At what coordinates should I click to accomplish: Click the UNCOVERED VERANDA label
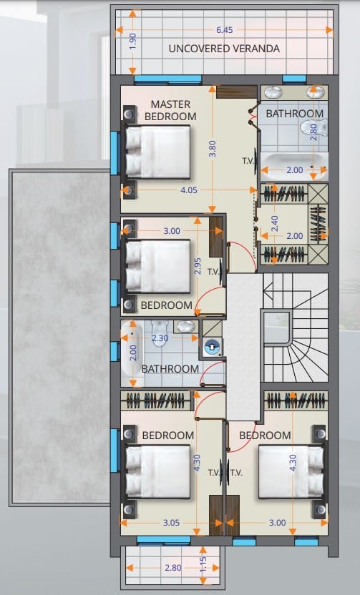224,49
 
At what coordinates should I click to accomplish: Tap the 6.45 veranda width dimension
225,30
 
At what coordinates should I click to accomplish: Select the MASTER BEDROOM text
170,110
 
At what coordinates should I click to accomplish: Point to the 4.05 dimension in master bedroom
189,190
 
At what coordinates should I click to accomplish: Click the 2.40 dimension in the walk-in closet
275,224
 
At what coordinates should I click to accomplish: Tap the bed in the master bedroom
157,152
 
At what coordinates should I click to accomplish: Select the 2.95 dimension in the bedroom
197,266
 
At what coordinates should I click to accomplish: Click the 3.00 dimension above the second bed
172,231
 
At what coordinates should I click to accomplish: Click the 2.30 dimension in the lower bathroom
160,338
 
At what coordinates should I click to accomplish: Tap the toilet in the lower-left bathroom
159,328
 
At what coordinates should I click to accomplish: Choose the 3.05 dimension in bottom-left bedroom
171,523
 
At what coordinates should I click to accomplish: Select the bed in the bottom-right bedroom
291,472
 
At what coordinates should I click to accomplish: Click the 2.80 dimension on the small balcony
173,568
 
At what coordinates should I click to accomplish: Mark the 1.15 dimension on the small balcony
203,564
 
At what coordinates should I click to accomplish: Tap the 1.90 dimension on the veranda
132,41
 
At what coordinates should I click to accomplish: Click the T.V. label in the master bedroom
248,161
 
